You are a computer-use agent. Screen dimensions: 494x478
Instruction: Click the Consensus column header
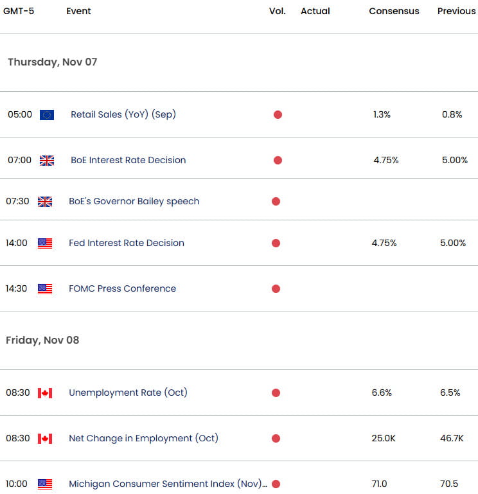pyautogui.click(x=394, y=11)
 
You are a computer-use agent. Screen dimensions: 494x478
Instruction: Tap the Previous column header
pyautogui.click(x=456, y=11)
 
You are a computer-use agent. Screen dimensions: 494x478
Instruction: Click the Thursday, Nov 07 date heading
pyautogui.click(x=52, y=62)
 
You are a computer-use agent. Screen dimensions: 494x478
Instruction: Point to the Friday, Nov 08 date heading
pyautogui.click(x=42, y=340)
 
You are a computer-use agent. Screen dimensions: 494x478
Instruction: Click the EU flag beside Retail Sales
pyautogui.click(x=47, y=115)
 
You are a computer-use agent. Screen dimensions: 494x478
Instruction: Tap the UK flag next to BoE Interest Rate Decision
pyautogui.click(x=47, y=161)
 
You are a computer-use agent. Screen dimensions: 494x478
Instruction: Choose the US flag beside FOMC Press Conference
pyautogui.click(x=45, y=289)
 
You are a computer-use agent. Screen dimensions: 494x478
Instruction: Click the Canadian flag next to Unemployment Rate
pyautogui.click(x=45, y=393)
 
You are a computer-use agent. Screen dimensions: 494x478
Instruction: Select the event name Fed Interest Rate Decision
pyautogui.click(x=127, y=243)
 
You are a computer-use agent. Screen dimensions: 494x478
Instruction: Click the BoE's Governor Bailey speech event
pyautogui.click(x=134, y=202)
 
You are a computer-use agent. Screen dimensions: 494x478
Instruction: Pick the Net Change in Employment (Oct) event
pyautogui.click(x=143, y=439)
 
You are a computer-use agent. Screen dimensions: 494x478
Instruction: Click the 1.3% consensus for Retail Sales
pyautogui.click(x=381, y=115)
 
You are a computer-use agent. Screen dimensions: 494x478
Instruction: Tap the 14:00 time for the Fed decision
pyautogui.click(x=17, y=243)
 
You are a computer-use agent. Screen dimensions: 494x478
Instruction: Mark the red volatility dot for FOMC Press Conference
pyautogui.click(x=276, y=289)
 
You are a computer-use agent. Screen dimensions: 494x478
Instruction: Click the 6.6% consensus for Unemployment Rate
pyautogui.click(x=381, y=393)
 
